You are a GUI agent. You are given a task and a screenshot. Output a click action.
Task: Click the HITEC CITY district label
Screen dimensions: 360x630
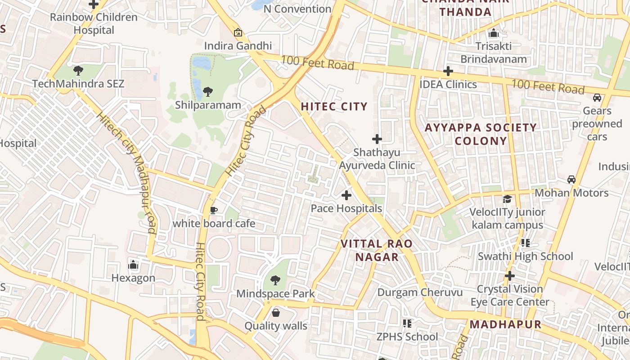(334, 107)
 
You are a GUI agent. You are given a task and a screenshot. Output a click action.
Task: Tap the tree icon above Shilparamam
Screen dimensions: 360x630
(207, 92)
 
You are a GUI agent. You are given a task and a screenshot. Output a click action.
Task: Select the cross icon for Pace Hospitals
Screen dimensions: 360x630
(346, 195)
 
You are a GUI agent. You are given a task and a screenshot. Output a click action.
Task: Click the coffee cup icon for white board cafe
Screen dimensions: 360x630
(214, 210)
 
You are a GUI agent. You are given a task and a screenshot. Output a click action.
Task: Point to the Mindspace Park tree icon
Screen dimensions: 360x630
(275, 280)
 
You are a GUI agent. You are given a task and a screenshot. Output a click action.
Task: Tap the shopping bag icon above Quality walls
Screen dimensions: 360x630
(275, 312)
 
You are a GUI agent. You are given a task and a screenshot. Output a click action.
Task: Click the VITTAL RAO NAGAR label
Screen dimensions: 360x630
(376, 251)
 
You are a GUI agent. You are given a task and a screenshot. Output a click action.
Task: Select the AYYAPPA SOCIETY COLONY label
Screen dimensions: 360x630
(481, 134)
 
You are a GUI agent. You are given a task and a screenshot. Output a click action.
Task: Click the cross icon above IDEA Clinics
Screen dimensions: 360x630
(448, 71)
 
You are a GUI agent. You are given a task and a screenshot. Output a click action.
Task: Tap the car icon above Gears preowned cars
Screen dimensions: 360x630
(597, 98)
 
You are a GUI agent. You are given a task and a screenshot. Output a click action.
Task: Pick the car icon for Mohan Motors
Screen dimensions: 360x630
(571, 180)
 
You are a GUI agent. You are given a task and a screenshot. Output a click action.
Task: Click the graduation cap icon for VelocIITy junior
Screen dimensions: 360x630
(507, 199)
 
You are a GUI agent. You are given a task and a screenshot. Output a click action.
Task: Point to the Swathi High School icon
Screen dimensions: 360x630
(525, 243)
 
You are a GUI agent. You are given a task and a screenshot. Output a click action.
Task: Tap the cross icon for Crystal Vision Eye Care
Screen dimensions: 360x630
(509, 275)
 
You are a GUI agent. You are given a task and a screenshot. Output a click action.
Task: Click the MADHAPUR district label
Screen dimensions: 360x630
(505, 324)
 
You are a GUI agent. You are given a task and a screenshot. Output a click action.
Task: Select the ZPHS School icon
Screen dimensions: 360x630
(407, 323)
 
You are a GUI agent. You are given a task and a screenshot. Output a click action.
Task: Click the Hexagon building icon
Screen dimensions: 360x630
(133, 265)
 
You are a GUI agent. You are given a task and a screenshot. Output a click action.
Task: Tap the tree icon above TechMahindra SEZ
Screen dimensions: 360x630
(78, 70)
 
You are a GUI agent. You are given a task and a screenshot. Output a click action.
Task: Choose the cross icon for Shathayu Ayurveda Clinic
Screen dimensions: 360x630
(377, 139)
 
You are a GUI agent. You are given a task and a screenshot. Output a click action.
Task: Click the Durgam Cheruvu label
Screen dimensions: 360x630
(420, 292)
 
